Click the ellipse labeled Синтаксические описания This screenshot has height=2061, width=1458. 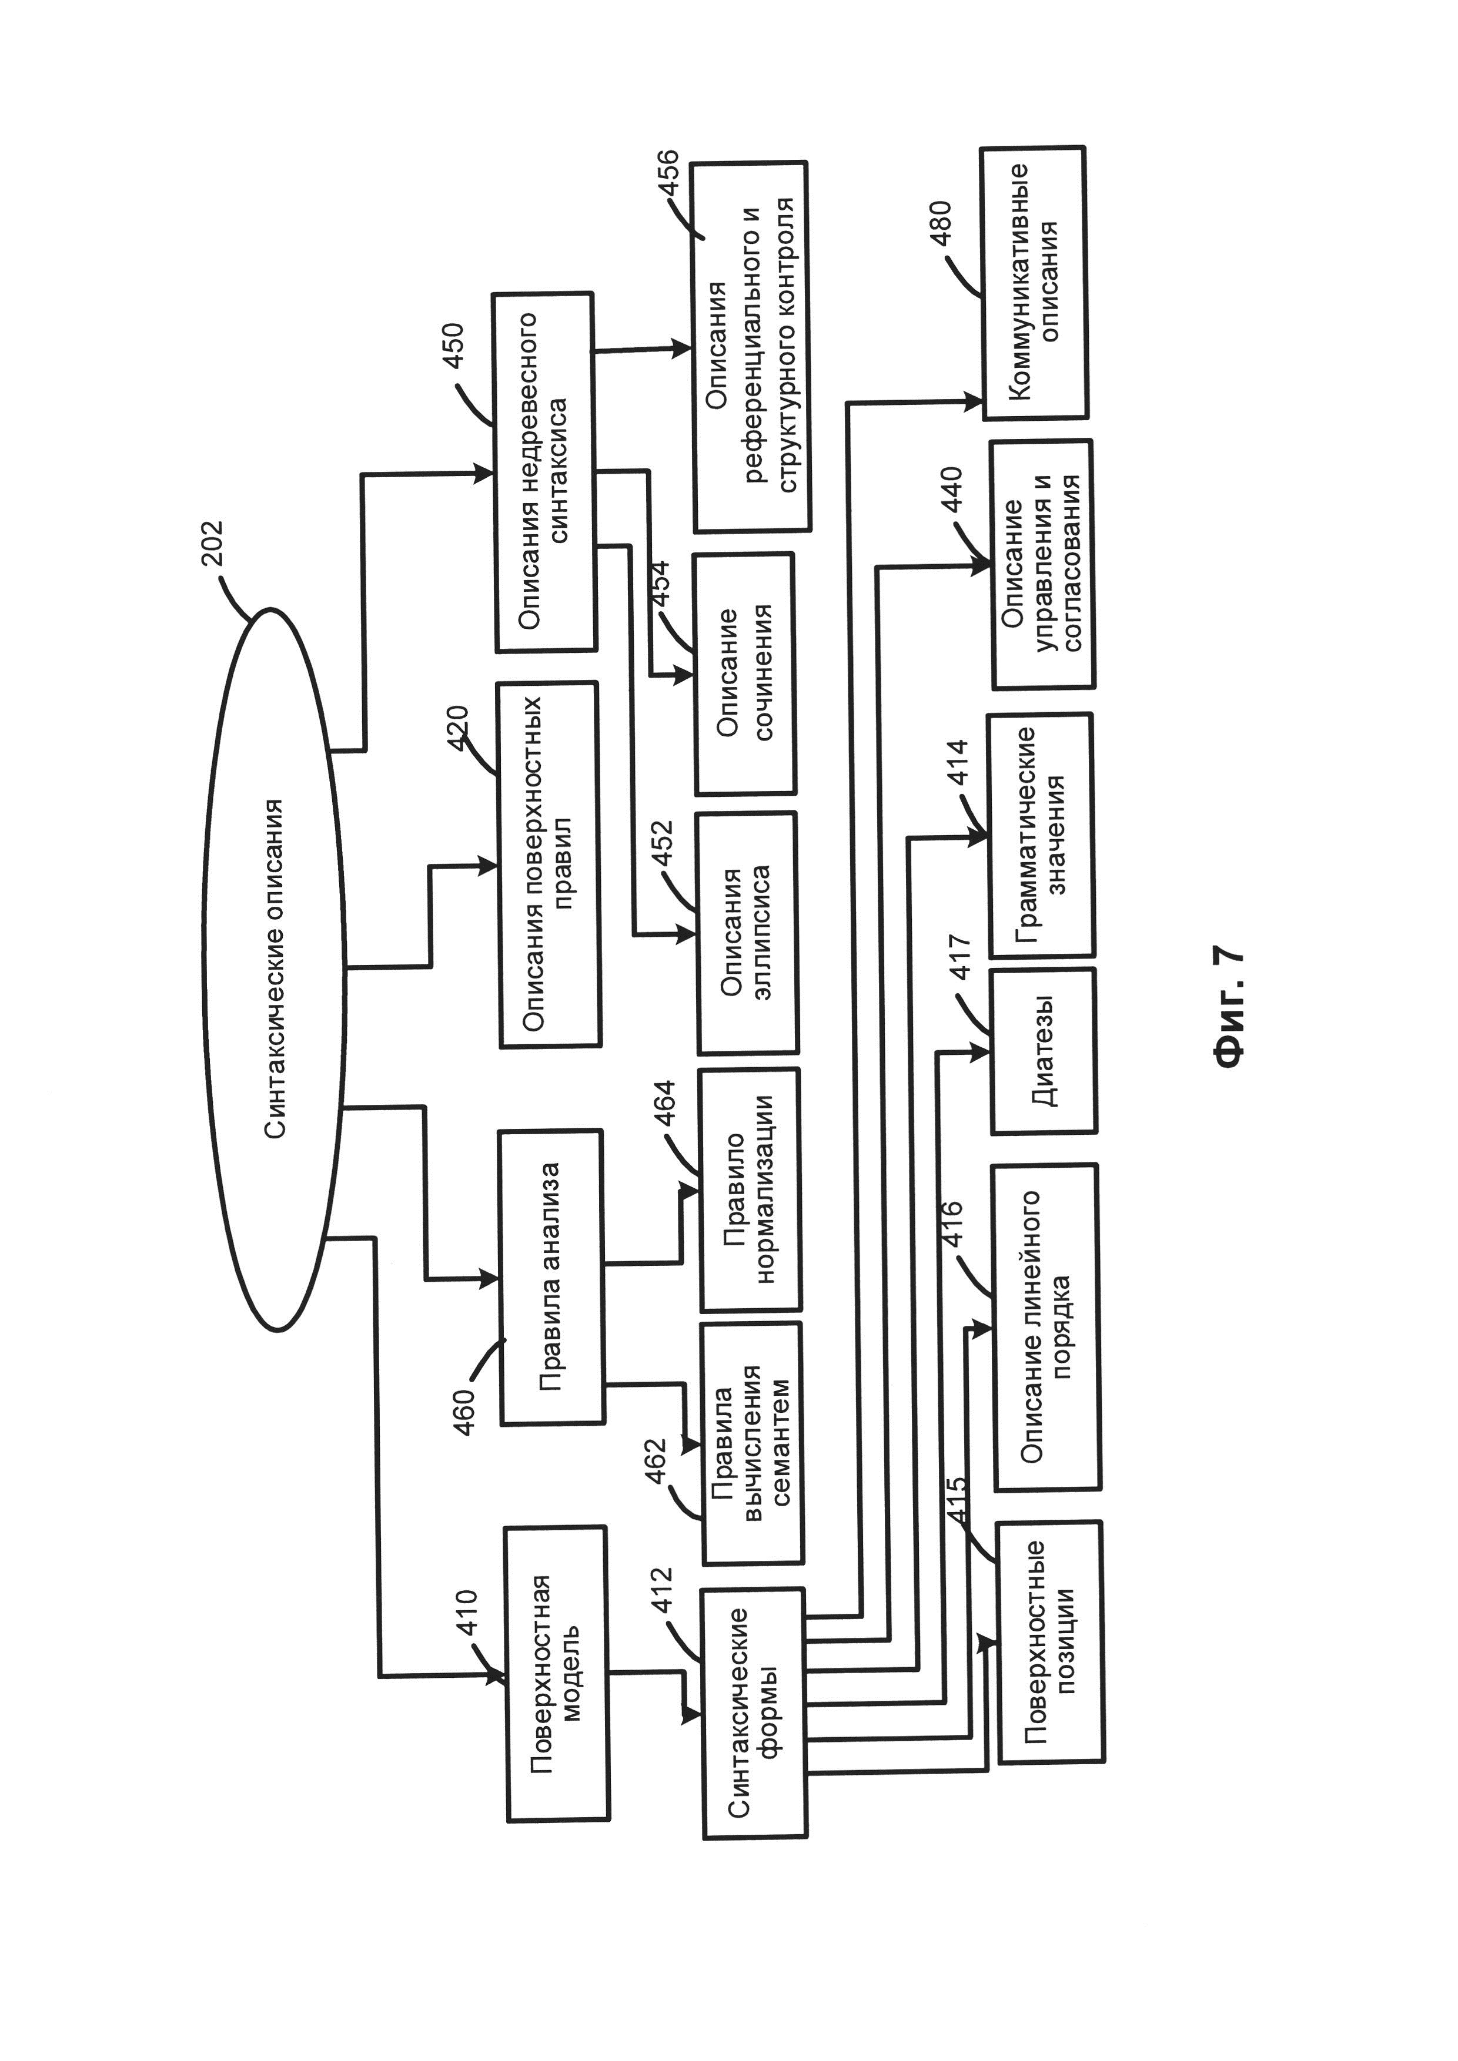[274, 970]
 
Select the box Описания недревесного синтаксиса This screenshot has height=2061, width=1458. [544, 471]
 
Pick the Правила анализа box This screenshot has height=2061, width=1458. [551, 1276]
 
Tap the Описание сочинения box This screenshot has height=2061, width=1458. [745, 673]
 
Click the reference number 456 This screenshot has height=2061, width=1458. [669, 177]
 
